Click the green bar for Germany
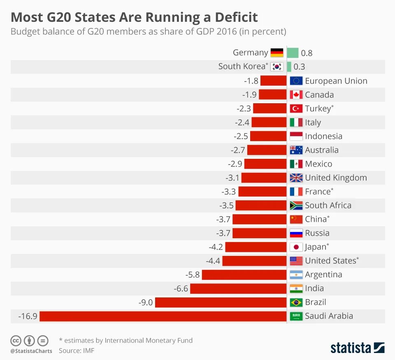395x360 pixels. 293,53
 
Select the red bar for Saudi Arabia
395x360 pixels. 163,316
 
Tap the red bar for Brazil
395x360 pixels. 221,302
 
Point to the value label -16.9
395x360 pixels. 28,316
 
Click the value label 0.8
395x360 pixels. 307,53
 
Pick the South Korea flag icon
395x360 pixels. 276,67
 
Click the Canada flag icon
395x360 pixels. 296,95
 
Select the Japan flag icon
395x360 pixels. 296,247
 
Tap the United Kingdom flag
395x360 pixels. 296,178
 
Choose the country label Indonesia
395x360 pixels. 323,136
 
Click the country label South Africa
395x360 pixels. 328,205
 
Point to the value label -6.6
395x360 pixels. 181,288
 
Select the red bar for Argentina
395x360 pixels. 244,275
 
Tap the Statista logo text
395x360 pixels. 351,348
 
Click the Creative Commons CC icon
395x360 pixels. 16,341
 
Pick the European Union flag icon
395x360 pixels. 296,81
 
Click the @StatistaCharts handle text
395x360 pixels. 31,351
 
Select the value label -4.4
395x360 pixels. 213,261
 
